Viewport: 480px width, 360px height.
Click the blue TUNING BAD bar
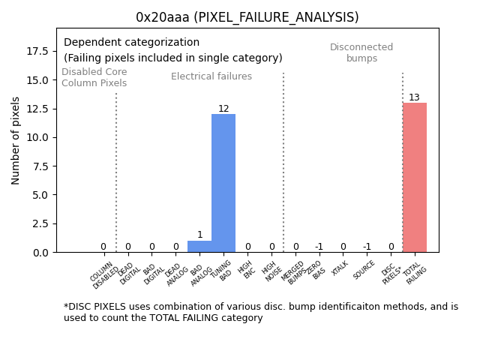(223, 183)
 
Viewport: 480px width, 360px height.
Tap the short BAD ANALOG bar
(199, 246)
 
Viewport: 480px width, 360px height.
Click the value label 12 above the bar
(223, 109)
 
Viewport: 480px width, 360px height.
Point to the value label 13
(415, 97)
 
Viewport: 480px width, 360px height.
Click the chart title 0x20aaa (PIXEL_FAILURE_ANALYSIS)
(247, 17)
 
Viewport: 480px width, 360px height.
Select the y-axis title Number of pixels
(16, 141)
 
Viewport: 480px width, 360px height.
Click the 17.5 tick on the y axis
(37, 51)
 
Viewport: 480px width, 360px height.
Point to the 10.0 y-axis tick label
(37, 137)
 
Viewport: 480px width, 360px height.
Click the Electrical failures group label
(211, 76)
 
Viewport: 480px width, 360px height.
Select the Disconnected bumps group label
(361, 52)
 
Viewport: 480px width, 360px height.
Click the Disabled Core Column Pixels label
(94, 77)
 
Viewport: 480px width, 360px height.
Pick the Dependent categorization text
(132, 43)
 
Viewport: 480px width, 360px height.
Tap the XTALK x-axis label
(340, 268)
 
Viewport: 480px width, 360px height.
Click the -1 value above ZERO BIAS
(319, 247)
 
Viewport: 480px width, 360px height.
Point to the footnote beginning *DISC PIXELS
(261, 312)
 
